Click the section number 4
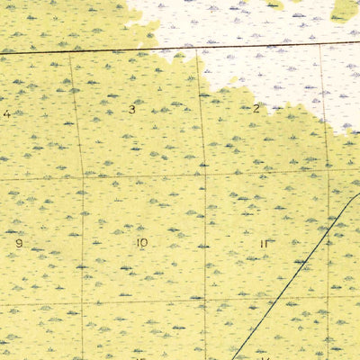click(x=7, y=113)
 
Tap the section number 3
click(x=131, y=110)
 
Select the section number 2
click(x=256, y=109)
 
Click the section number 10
click(x=141, y=243)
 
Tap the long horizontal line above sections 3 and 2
click(x=180, y=47)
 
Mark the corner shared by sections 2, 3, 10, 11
click(x=203, y=173)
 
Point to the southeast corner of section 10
click(x=206, y=301)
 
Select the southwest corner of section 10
click(x=83, y=302)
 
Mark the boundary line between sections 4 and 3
click(x=76, y=112)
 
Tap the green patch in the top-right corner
click(x=345, y=9)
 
